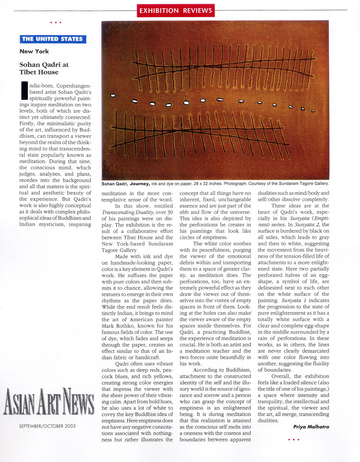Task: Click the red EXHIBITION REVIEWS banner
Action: pos(176,10)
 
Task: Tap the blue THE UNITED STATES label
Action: pos(53,39)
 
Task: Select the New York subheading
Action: pos(34,51)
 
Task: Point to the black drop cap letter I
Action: pos(24,91)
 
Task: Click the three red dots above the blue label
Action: pos(55,22)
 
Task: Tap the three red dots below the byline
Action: pos(293,440)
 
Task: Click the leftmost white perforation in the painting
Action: pos(112,96)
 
